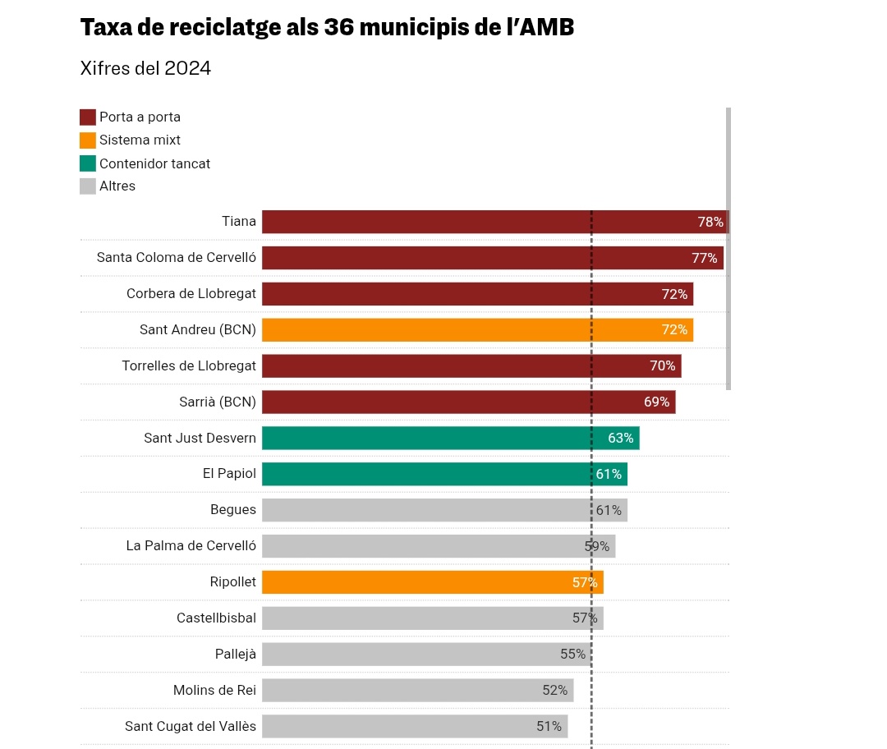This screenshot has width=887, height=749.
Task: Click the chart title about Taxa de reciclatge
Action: click(x=327, y=28)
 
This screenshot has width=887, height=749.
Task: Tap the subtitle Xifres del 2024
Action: click(x=145, y=68)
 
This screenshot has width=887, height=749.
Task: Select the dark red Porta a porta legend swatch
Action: click(x=88, y=117)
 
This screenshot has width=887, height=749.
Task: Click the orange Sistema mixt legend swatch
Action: click(x=88, y=140)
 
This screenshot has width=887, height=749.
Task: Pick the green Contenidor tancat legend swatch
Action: click(x=88, y=163)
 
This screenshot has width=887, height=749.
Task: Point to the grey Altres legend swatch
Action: click(x=88, y=186)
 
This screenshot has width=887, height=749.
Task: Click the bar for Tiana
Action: click(x=476, y=222)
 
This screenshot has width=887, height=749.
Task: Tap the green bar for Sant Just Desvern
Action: click(x=435, y=439)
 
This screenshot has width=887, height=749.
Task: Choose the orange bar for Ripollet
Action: click(x=419, y=582)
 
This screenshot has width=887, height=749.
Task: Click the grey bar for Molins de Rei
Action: click(x=402, y=691)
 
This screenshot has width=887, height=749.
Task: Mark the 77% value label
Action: click(x=705, y=258)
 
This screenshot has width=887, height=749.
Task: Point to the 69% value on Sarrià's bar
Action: click(x=657, y=402)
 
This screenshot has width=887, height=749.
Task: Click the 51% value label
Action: click(x=549, y=727)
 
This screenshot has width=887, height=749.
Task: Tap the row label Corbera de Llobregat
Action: click(x=191, y=294)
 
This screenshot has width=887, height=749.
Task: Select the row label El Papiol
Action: click(x=229, y=474)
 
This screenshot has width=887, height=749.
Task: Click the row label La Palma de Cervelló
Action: click(x=191, y=546)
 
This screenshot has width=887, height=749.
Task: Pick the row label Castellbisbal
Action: click(x=216, y=618)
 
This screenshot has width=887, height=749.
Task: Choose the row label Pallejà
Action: click(x=236, y=655)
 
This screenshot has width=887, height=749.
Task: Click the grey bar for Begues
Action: click(x=427, y=510)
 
